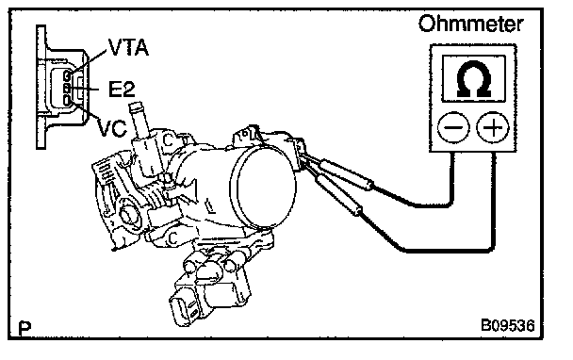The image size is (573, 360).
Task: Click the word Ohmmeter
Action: point(470,24)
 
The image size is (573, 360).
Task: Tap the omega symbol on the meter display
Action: point(474,78)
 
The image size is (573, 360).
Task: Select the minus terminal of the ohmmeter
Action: point(453,127)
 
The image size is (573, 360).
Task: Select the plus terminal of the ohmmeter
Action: point(493,127)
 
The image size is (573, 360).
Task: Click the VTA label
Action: point(128,47)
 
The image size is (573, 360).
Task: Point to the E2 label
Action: point(123,89)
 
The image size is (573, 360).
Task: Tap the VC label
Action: point(112,127)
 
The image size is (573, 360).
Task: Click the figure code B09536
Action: point(508,325)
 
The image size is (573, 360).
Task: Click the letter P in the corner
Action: point(25,328)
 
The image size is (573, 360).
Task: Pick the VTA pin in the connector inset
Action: point(67,76)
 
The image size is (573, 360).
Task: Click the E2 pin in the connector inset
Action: point(67,88)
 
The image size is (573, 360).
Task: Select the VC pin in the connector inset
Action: point(67,99)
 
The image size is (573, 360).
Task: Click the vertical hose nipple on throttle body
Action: point(139,120)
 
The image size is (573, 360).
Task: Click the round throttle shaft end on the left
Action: point(128,215)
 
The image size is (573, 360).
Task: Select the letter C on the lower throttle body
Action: point(172,238)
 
